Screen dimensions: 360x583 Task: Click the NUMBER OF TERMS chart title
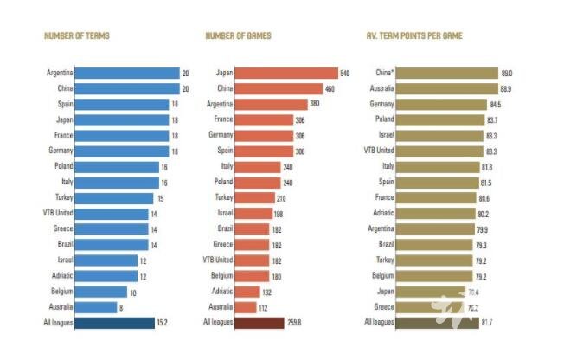76,36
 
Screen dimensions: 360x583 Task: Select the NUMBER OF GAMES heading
238,36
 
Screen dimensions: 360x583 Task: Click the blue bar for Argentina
126,73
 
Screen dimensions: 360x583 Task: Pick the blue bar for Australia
96,307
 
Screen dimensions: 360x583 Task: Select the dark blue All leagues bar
112,323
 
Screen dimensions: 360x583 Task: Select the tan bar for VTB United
443,151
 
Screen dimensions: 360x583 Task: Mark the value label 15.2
163,323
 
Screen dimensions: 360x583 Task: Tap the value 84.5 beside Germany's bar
496,104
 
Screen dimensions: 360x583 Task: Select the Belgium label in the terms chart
60,292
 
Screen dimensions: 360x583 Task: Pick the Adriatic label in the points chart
382,213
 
